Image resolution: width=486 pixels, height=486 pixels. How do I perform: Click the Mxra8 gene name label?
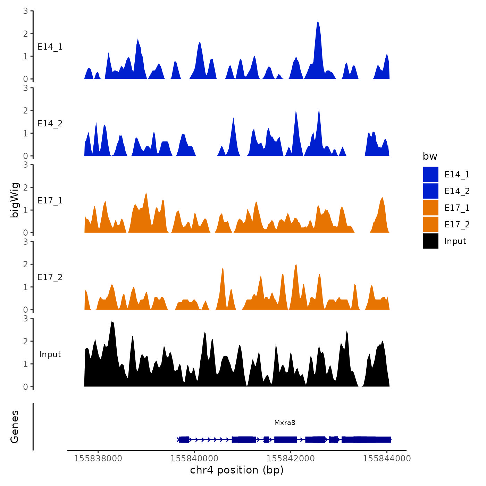point(285,422)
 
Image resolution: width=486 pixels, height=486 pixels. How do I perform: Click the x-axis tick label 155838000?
point(98,459)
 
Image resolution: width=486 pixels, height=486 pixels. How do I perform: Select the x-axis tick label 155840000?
point(194,459)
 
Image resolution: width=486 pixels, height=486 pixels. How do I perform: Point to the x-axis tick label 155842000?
point(291,459)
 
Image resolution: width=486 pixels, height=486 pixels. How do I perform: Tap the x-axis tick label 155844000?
point(387,459)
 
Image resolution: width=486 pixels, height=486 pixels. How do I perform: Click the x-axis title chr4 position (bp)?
point(237,470)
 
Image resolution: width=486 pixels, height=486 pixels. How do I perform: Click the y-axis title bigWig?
point(15,200)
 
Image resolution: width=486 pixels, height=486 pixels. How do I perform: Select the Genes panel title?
point(15,427)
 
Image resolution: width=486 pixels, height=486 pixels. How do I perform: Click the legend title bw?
point(430,156)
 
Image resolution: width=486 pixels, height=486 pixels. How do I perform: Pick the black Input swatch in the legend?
point(430,241)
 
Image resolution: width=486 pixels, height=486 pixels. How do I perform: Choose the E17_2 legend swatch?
point(430,224)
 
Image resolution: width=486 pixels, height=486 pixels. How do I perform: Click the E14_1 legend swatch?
point(430,174)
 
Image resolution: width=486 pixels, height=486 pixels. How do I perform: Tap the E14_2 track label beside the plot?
point(50,124)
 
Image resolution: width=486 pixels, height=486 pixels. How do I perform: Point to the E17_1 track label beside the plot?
point(50,201)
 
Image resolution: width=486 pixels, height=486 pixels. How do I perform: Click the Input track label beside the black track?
point(50,354)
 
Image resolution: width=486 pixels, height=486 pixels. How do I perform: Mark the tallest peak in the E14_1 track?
point(318,23)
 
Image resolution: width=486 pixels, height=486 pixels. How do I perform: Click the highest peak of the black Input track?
point(112,322)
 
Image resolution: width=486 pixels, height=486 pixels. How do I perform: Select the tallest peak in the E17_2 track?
point(296,265)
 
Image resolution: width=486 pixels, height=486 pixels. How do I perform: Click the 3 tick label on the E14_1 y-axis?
point(26,11)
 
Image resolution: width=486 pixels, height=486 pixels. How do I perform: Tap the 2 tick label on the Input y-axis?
point(26,341)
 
